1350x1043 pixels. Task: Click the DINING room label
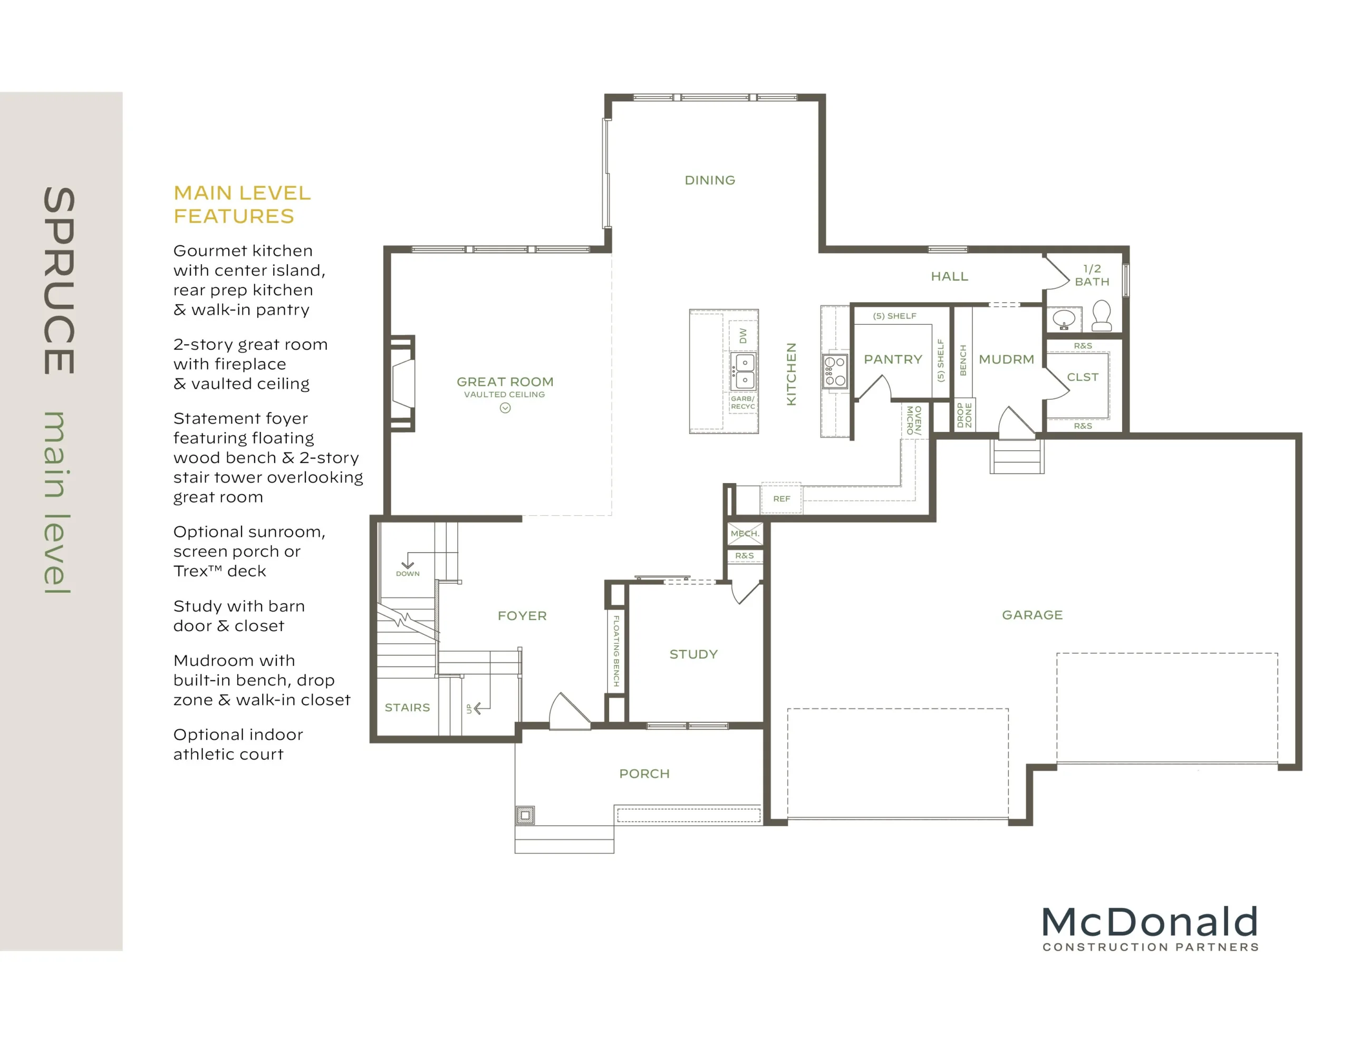tap(710, 180)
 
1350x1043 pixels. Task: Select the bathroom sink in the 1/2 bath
tap(1064, 319)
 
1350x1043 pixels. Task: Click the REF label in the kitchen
tap(782, 498)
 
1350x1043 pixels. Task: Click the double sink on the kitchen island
tap(743, 371)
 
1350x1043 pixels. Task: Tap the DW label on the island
tap(743, 336)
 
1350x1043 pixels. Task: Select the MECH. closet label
tap(744, 533)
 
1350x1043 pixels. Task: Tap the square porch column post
tap(525, 815)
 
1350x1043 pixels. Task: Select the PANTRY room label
tap(893, 359)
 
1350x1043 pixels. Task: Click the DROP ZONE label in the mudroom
tap(965, 415)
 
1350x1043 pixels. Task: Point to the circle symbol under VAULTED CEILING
tap(505, 408)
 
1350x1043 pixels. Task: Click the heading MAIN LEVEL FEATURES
tap(242, 205)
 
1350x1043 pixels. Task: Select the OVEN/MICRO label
tap(913, 420)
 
